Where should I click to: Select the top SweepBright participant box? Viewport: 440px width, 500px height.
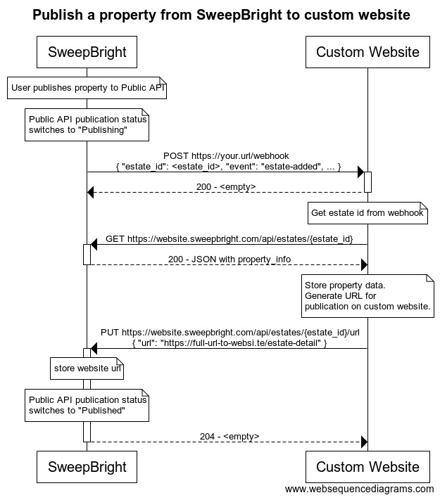pyautogui.click(x=87, y=52)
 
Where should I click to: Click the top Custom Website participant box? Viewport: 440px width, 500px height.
pyautogui.click(x=367, y=52)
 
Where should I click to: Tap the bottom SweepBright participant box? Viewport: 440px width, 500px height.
pyautogui.click(x=87, y=467)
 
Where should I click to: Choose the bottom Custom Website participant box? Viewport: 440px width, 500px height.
pyautogui.click(x=367, y=467)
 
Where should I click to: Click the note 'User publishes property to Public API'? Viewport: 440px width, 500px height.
pyautogui.click(x=87, y=88)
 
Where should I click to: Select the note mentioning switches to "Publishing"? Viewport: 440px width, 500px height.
pyautogui.click(x=87, y=124)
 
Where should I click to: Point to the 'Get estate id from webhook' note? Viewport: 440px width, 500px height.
pyautogui.click(x=367, y=213)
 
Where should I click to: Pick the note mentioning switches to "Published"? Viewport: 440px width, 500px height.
pyautogui.click(x=87, y=405)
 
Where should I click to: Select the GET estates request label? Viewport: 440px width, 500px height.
pyautogui.click(x=230, y=239)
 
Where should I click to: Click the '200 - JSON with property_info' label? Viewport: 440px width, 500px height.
pyautogui.click(x=230, y=259)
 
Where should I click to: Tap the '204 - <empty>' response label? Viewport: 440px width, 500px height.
pyautogui.click(x=230, y=436)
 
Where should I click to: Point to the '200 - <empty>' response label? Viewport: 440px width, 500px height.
pyautogui.click(x=226, y=187)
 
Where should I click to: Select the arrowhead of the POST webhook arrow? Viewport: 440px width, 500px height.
pyautogui.click(x=360, y=172)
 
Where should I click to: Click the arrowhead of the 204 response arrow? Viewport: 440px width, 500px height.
pyautogui.click(x=364, y=442)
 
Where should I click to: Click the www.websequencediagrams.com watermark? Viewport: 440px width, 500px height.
pyautogui.click(x=359, y=489)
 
